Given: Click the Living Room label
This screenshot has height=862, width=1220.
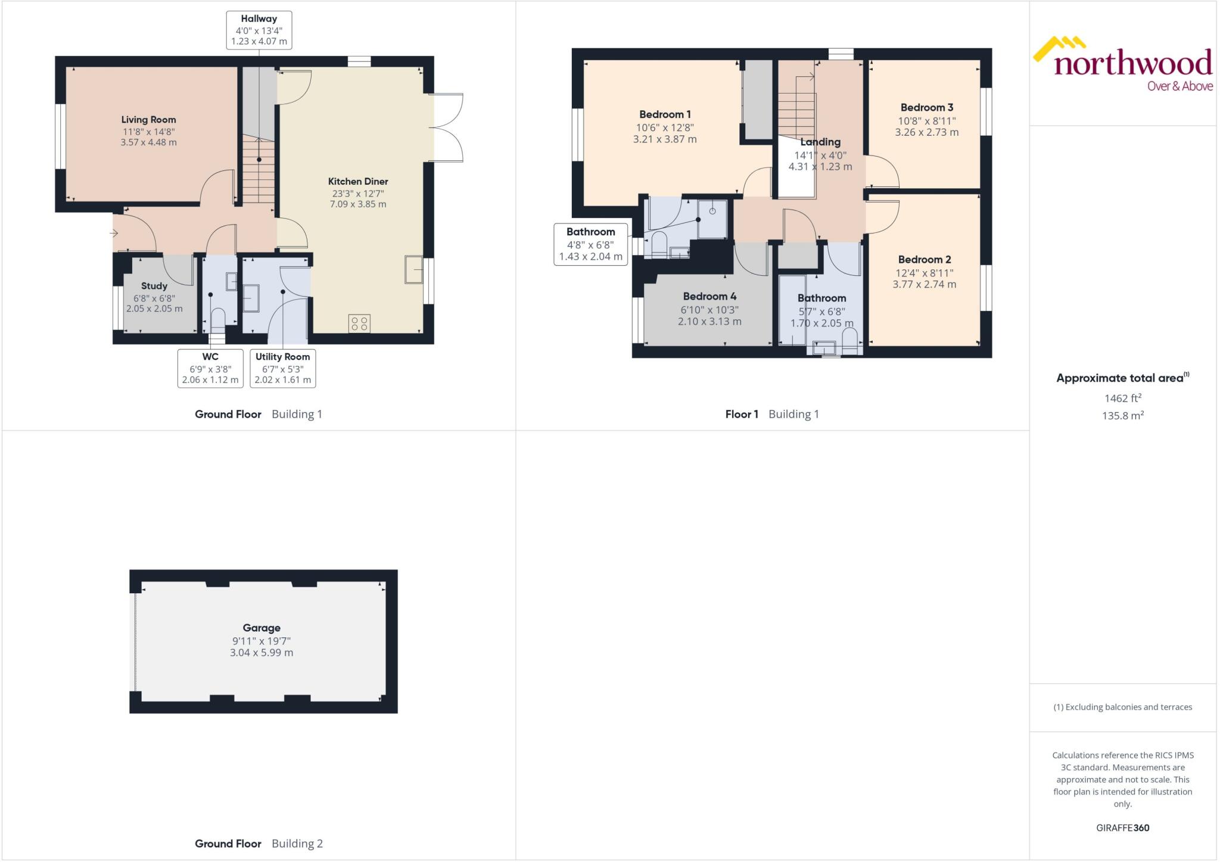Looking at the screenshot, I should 148,120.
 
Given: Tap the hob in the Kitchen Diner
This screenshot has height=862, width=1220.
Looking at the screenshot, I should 359,323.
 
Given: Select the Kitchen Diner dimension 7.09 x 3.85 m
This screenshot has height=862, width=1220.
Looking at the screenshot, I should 357,204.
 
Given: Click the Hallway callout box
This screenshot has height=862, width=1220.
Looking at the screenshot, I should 259,30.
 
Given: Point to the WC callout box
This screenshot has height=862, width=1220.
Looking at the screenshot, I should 210,368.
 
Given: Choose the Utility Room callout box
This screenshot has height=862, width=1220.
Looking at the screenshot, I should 282,368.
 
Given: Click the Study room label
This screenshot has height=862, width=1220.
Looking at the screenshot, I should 154,286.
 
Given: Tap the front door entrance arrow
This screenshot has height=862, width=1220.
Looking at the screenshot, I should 114,234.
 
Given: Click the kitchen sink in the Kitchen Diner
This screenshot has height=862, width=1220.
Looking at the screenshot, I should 413,269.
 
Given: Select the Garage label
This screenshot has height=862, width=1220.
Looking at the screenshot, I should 261,628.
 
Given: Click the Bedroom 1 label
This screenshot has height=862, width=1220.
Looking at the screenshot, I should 665,114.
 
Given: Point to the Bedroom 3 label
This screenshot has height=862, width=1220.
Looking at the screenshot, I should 926,108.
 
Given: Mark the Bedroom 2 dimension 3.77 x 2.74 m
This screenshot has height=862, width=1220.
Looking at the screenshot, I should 924,285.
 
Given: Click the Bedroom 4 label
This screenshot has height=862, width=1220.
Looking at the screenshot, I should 709,296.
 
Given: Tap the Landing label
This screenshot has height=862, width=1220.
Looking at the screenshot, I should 820,142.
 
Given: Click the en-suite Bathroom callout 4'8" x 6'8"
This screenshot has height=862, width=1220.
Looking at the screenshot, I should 590,244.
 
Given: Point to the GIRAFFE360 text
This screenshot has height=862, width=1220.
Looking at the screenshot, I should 1122,827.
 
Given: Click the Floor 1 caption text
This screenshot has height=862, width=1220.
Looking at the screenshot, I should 742,414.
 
